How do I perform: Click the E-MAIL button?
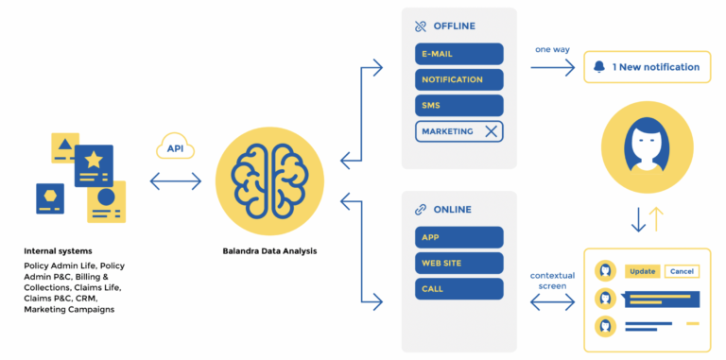[x=458, y=54]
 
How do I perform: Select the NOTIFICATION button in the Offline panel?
[x=458, y=79]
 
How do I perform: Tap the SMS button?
[x=458, y=106]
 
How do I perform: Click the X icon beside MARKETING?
[x=491, y=131]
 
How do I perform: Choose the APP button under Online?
[x=458, y=237]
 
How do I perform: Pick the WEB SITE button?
[x=458, y=264]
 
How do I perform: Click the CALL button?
[x=458, y=289]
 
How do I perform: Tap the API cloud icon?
[x=176, y=147]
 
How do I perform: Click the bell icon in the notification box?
[x=599, y=67]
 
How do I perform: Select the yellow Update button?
[x=643, y=271]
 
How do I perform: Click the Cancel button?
[x=682, y=271]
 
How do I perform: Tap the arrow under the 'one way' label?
[x=552, y=67]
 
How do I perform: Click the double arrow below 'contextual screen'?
[x=552, y=302]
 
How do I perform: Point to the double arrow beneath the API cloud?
[x=176, y=180]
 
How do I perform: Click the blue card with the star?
[x=94, y=165]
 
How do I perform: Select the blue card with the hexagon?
[x=50, y=198]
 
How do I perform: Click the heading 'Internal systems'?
[x=58, y=251]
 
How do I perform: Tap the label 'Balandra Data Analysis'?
[x=269, y=251]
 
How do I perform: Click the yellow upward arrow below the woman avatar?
[x=656, y=219]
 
